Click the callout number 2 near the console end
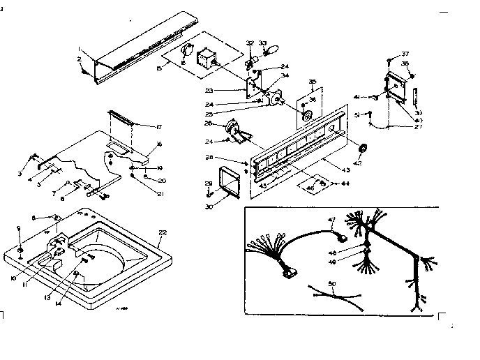(79, 60)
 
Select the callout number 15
(159, 67)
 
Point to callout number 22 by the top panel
(163, 232)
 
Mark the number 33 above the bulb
(263, 43)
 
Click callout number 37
(405, 54)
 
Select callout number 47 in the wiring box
(332, 220)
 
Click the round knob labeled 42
(362, 149)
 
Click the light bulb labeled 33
(273, 52)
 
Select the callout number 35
(312, 82)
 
